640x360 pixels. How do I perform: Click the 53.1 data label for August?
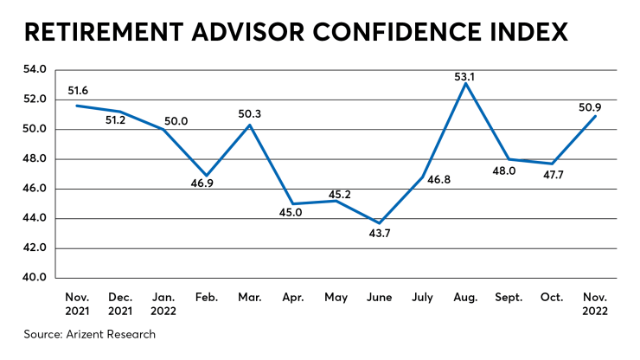[466, 76]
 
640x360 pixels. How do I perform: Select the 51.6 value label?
[79, 92]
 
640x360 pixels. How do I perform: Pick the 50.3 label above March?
[250, 112]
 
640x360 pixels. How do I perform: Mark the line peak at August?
[466, 83]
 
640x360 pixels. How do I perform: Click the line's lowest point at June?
[380, 223]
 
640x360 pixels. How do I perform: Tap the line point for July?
[423, 177]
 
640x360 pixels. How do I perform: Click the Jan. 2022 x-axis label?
[163, 304]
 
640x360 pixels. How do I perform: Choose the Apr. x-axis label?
[293, 298]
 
